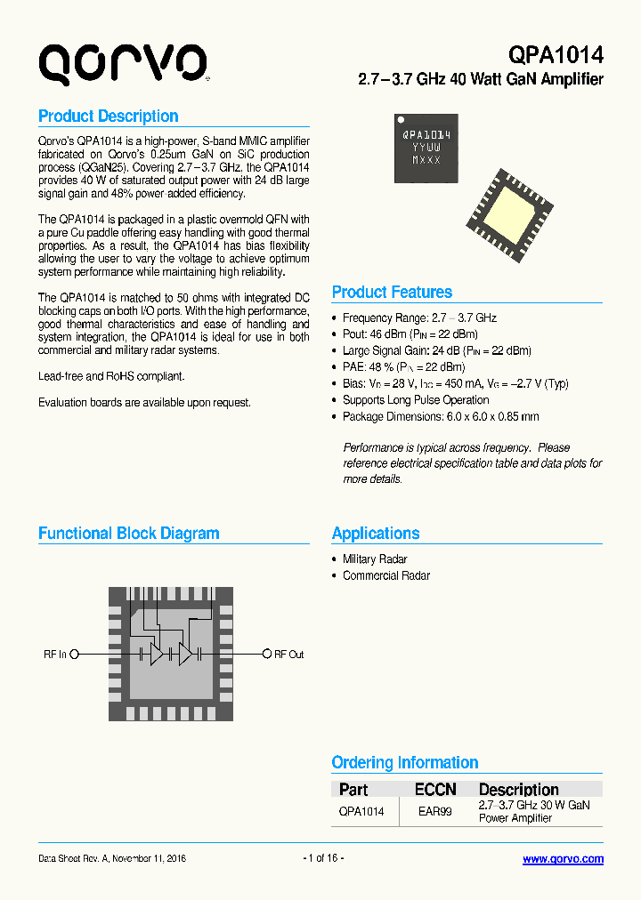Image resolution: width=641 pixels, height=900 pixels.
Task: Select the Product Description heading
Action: [108, 117]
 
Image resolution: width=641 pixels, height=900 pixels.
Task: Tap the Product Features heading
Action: [392, 293]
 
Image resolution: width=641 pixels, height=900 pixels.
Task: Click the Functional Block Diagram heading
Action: [128, 534]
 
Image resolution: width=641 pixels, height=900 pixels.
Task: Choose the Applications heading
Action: [376, 534]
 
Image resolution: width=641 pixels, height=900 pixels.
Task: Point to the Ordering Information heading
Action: [404, 763]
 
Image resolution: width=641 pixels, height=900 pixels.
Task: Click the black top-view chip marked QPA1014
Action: [426, 148]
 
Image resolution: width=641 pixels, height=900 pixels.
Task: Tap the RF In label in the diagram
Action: [55, 655]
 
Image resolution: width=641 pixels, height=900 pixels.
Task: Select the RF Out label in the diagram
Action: [288, 655]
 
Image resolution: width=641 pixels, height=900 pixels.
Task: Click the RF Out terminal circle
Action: [266, 655]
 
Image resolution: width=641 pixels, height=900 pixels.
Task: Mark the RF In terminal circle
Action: [75, 655]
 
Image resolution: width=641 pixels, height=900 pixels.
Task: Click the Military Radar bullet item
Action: [375, 559]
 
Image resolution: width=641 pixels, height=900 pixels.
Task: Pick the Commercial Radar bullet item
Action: [386, 575]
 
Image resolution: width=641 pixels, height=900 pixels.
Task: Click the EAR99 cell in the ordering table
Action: [434, 811]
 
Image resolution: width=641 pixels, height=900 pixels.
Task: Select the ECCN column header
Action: [435, 790]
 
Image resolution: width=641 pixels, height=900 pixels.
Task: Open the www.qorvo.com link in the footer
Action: [563, 859]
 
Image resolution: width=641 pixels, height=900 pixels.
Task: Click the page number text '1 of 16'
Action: [323, 858]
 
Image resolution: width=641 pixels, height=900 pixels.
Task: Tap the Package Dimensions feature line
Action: [441, 416]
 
